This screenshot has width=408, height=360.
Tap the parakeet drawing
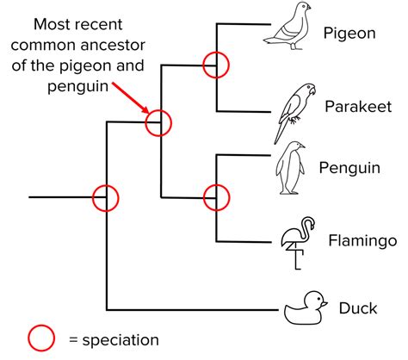(x=290, y=111)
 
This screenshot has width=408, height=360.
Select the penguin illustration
(x=291, y=169)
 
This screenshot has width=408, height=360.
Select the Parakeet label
(x=358, y=107)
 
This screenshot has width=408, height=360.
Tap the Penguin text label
(x=349, y=167)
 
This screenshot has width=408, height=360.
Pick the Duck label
(x=357, y=308)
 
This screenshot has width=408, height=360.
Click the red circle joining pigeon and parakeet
(x=215, y=63)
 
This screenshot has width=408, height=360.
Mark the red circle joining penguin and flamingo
(x=215, y=197)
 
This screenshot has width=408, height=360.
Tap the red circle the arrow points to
(x=158, y=123)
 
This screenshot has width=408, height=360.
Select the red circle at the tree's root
(x=106, y=197)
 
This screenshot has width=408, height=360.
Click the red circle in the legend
(x=42, y=338)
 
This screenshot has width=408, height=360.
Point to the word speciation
(x=118, y=340)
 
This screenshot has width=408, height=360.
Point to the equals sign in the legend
(x=69, y=340)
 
